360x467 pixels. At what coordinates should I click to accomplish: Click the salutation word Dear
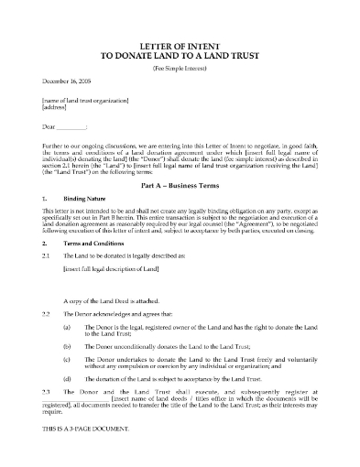tap(38, 125)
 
